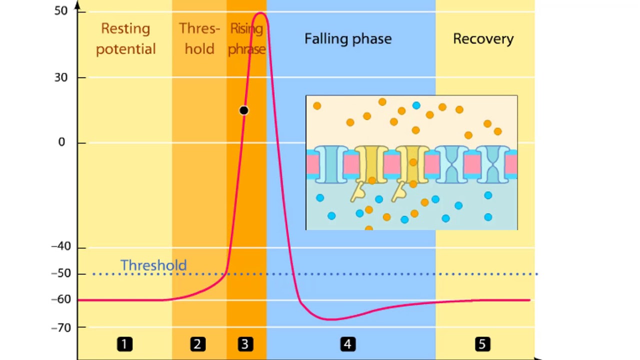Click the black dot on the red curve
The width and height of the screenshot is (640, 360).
pos(243,110)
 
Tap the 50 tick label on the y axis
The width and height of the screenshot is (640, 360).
pos(61,11)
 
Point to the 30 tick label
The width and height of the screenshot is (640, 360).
pos(61,77)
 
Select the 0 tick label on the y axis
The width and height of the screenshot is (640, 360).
pos(61,142)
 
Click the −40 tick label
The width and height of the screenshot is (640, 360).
pos(61,246)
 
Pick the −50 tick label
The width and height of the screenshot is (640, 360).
pos(61,273)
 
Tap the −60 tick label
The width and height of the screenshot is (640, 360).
pos(61,299)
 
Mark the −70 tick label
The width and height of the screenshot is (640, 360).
pos(61,327)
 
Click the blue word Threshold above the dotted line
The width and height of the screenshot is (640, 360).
pos(153,265)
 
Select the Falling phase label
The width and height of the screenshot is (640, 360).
pos(348,39)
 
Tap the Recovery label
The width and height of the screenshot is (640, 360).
pos(483,39)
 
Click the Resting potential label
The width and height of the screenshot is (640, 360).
pos(125,38)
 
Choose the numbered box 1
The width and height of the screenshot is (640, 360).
pos(124,344)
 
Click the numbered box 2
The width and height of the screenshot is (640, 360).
pos(197,344)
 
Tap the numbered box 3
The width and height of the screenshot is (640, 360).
pos(244,344)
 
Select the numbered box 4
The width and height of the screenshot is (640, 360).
pos(347,344)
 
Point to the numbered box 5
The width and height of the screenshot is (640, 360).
pos(482,344)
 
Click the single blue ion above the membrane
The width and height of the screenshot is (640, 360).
pos(416,105)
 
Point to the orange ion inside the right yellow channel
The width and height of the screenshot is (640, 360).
pos(413,162)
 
